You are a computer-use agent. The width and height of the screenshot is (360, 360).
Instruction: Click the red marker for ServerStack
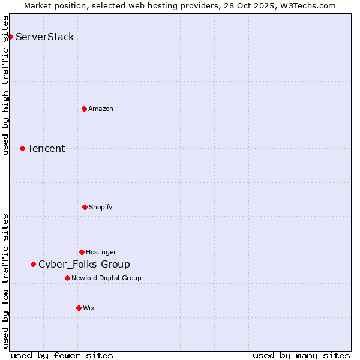(x=10, y=37)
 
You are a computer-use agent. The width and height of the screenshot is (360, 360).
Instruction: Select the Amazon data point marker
(x=84, y=109)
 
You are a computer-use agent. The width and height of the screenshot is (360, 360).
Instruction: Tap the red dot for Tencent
(x=22, y=148)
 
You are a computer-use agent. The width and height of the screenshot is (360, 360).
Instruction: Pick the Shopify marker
(x=85, y=207)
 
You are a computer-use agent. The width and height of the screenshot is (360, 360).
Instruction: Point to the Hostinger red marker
(x=82, y=252)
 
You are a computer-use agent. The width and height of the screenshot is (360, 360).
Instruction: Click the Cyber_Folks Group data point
(x=33, y=264)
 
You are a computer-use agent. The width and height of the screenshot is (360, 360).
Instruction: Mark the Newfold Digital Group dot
(x=67, y=278)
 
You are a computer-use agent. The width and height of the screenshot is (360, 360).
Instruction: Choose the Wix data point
(x=79, y=308)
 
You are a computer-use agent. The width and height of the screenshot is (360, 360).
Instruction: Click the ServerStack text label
(x=45, y=37)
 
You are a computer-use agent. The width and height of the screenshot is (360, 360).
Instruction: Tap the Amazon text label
(x=101, y=109)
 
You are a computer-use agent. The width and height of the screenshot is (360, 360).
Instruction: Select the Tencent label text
(x=46, y=149)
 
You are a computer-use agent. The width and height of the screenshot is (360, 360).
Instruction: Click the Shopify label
(x=101, y=207)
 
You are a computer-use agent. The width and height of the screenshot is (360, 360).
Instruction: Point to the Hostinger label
(x=101, y=252)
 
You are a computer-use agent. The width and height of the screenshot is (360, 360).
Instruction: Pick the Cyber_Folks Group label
(x=84, y=265)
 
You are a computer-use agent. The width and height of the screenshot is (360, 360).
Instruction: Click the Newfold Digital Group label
(x=106, y=278)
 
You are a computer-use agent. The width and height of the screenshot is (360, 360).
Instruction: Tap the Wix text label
(x=89, y=308)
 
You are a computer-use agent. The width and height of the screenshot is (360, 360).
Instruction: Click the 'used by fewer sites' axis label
(x=62, y=355)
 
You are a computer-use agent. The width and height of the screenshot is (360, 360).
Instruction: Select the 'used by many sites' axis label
(x=301, y=355)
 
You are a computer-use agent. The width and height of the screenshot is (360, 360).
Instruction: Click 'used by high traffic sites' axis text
(x=6, y=85)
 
